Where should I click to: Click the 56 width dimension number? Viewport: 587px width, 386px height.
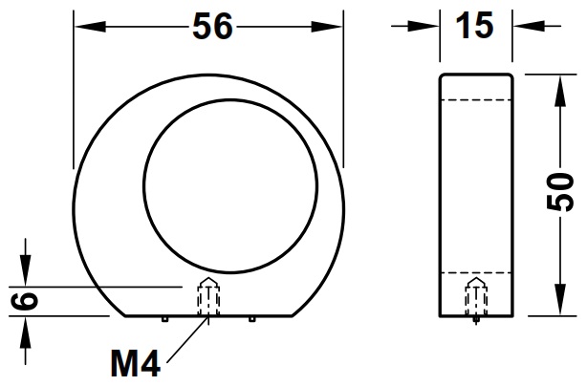[212, 28]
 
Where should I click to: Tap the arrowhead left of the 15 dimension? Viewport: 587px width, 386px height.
[429, 27]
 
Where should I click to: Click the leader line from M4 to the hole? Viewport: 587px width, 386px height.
[187, 338]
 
